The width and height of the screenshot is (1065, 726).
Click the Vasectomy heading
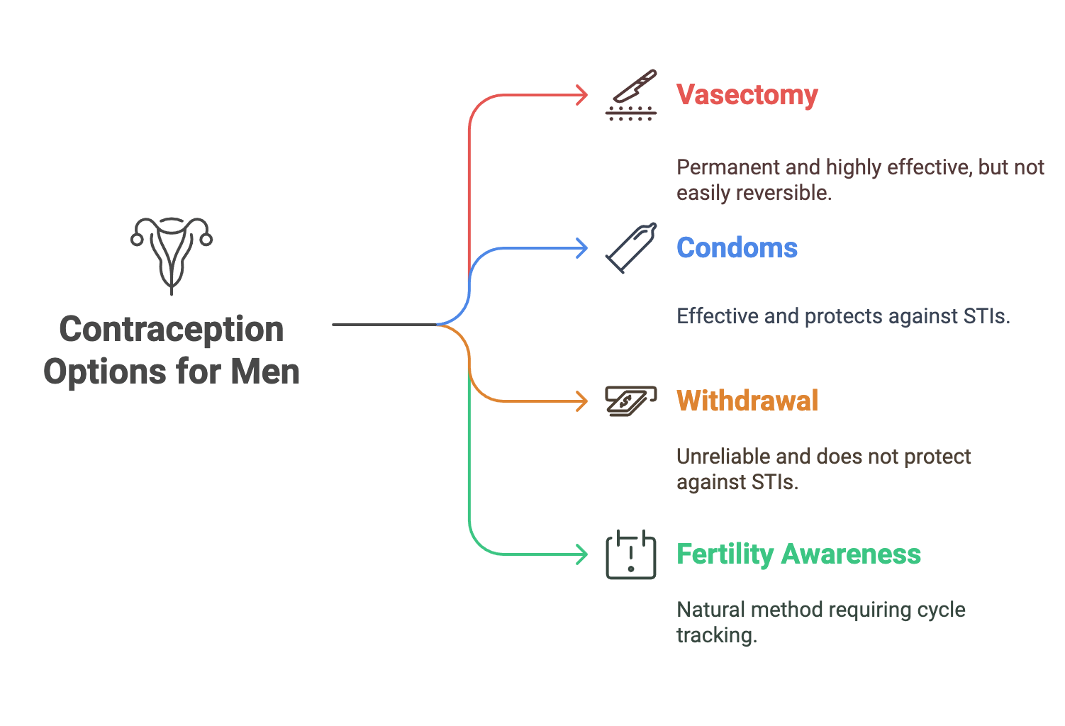click(x=747, y=95)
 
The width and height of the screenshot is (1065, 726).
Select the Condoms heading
click(x=737, y=248)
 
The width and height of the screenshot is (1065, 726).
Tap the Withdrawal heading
click(x=747, y=401)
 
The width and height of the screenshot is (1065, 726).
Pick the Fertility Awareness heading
click(x=798, y=554)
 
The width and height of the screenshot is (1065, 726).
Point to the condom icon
click(x=631, y=248)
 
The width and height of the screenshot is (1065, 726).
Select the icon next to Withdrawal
click(x=630, y=401)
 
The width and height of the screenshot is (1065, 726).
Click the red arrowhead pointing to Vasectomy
click(x=581, y=95)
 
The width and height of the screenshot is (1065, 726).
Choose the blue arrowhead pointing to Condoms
click(x=581, y=248)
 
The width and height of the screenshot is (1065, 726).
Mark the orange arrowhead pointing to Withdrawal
click(x=581, y=401)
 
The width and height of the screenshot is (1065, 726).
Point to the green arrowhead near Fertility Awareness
click(x=581, y=554)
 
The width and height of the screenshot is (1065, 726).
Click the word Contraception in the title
click(x=172, y=330)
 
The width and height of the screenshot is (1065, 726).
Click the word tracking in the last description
click(x=716, y=635)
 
